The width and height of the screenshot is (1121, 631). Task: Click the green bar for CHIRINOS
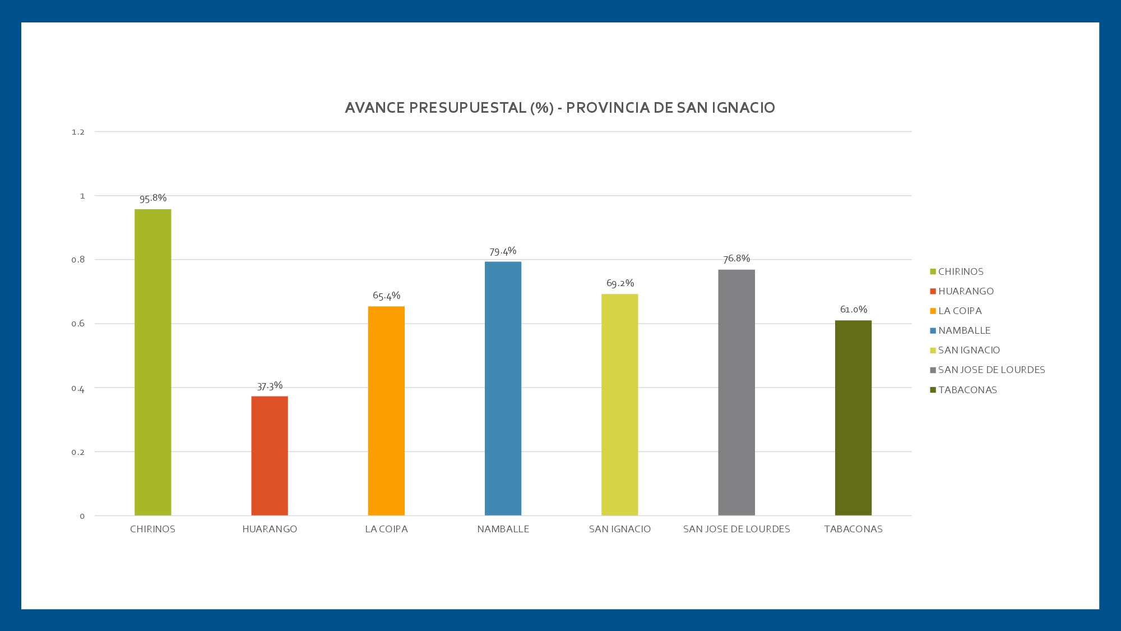click(152, 362)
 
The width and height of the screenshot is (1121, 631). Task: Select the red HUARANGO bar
click(270, 455)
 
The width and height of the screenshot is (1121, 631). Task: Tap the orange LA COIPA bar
click(386, 411)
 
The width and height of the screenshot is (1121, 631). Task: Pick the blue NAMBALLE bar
click(503, 388)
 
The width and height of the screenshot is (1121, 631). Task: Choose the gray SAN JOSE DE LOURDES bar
click(736, 392)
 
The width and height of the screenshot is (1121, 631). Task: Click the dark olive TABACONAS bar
click(853, 417)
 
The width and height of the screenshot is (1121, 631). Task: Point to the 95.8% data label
click(153, 198)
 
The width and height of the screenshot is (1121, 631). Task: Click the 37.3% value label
click(270, 386)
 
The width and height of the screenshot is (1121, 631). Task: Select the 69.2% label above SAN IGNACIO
click(620, 283)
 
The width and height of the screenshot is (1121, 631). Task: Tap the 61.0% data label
click(853, 310)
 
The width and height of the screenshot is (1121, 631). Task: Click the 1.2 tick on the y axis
click(78, 132)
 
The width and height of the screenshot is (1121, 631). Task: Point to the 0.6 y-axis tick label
click(78, 324)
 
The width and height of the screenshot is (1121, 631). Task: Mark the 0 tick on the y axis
click(82, 516)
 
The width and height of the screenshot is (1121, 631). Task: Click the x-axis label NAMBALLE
click(503, 529)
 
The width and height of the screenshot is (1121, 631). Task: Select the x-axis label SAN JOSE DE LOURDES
click(736, 529)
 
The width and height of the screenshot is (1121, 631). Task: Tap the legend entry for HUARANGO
click(966, 291)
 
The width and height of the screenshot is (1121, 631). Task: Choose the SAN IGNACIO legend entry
click(969, 350)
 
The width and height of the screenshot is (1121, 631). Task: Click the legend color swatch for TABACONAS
click(933, 390)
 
